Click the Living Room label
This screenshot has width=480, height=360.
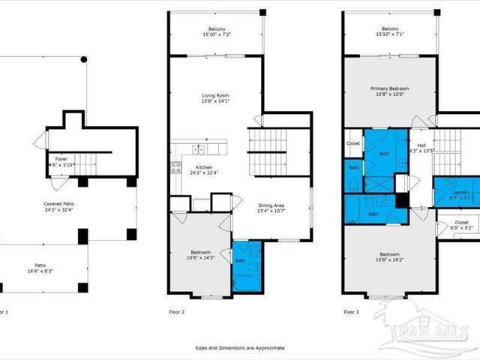point(215,95)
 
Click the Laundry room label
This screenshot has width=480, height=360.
point(460,193)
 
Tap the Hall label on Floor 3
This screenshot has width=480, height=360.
point(421,145)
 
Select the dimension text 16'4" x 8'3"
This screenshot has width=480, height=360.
point(40,270)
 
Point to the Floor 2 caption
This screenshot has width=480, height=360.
point(178,311)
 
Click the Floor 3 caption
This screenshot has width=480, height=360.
point(352,311)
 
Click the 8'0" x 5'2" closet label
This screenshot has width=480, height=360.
point(461,227)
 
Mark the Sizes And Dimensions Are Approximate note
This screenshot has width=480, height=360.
point(239,348)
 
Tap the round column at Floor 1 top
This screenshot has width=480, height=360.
point(84,59)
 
